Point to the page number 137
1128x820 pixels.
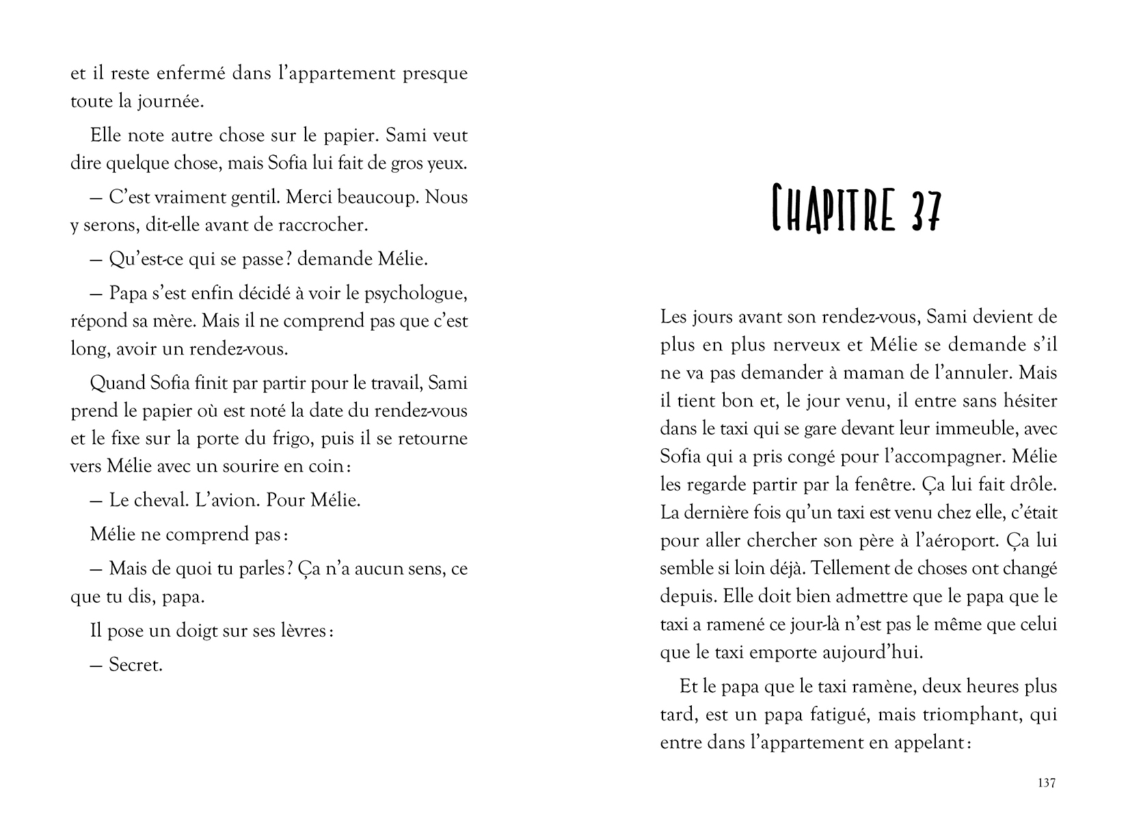tap(1046, 783)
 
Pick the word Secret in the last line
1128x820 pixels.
tap(135, 665)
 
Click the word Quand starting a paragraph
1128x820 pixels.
tap(114, 383)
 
